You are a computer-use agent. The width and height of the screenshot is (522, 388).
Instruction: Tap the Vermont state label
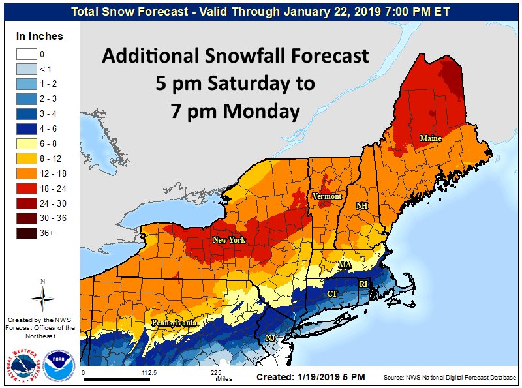(x=326, y=196)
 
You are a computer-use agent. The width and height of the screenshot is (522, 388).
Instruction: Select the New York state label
(x=228, y=240)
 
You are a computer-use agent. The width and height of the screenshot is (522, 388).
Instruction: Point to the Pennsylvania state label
(x=174, y=323)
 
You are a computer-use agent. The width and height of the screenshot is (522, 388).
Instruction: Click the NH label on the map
(x=361, y=206)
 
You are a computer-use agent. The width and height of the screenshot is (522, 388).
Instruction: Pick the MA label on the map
(x=345, y=265)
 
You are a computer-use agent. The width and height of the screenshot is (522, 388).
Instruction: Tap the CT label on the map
(x=331, y=295)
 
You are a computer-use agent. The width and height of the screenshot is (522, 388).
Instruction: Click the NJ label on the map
(x=270, y=337)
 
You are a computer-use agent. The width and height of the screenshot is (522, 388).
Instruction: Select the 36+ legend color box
(x=27, y=232)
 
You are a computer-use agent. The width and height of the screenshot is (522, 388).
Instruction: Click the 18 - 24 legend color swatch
(x=27, y=189)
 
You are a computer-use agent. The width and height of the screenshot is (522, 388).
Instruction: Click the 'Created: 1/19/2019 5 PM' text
(x=311, y=377)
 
